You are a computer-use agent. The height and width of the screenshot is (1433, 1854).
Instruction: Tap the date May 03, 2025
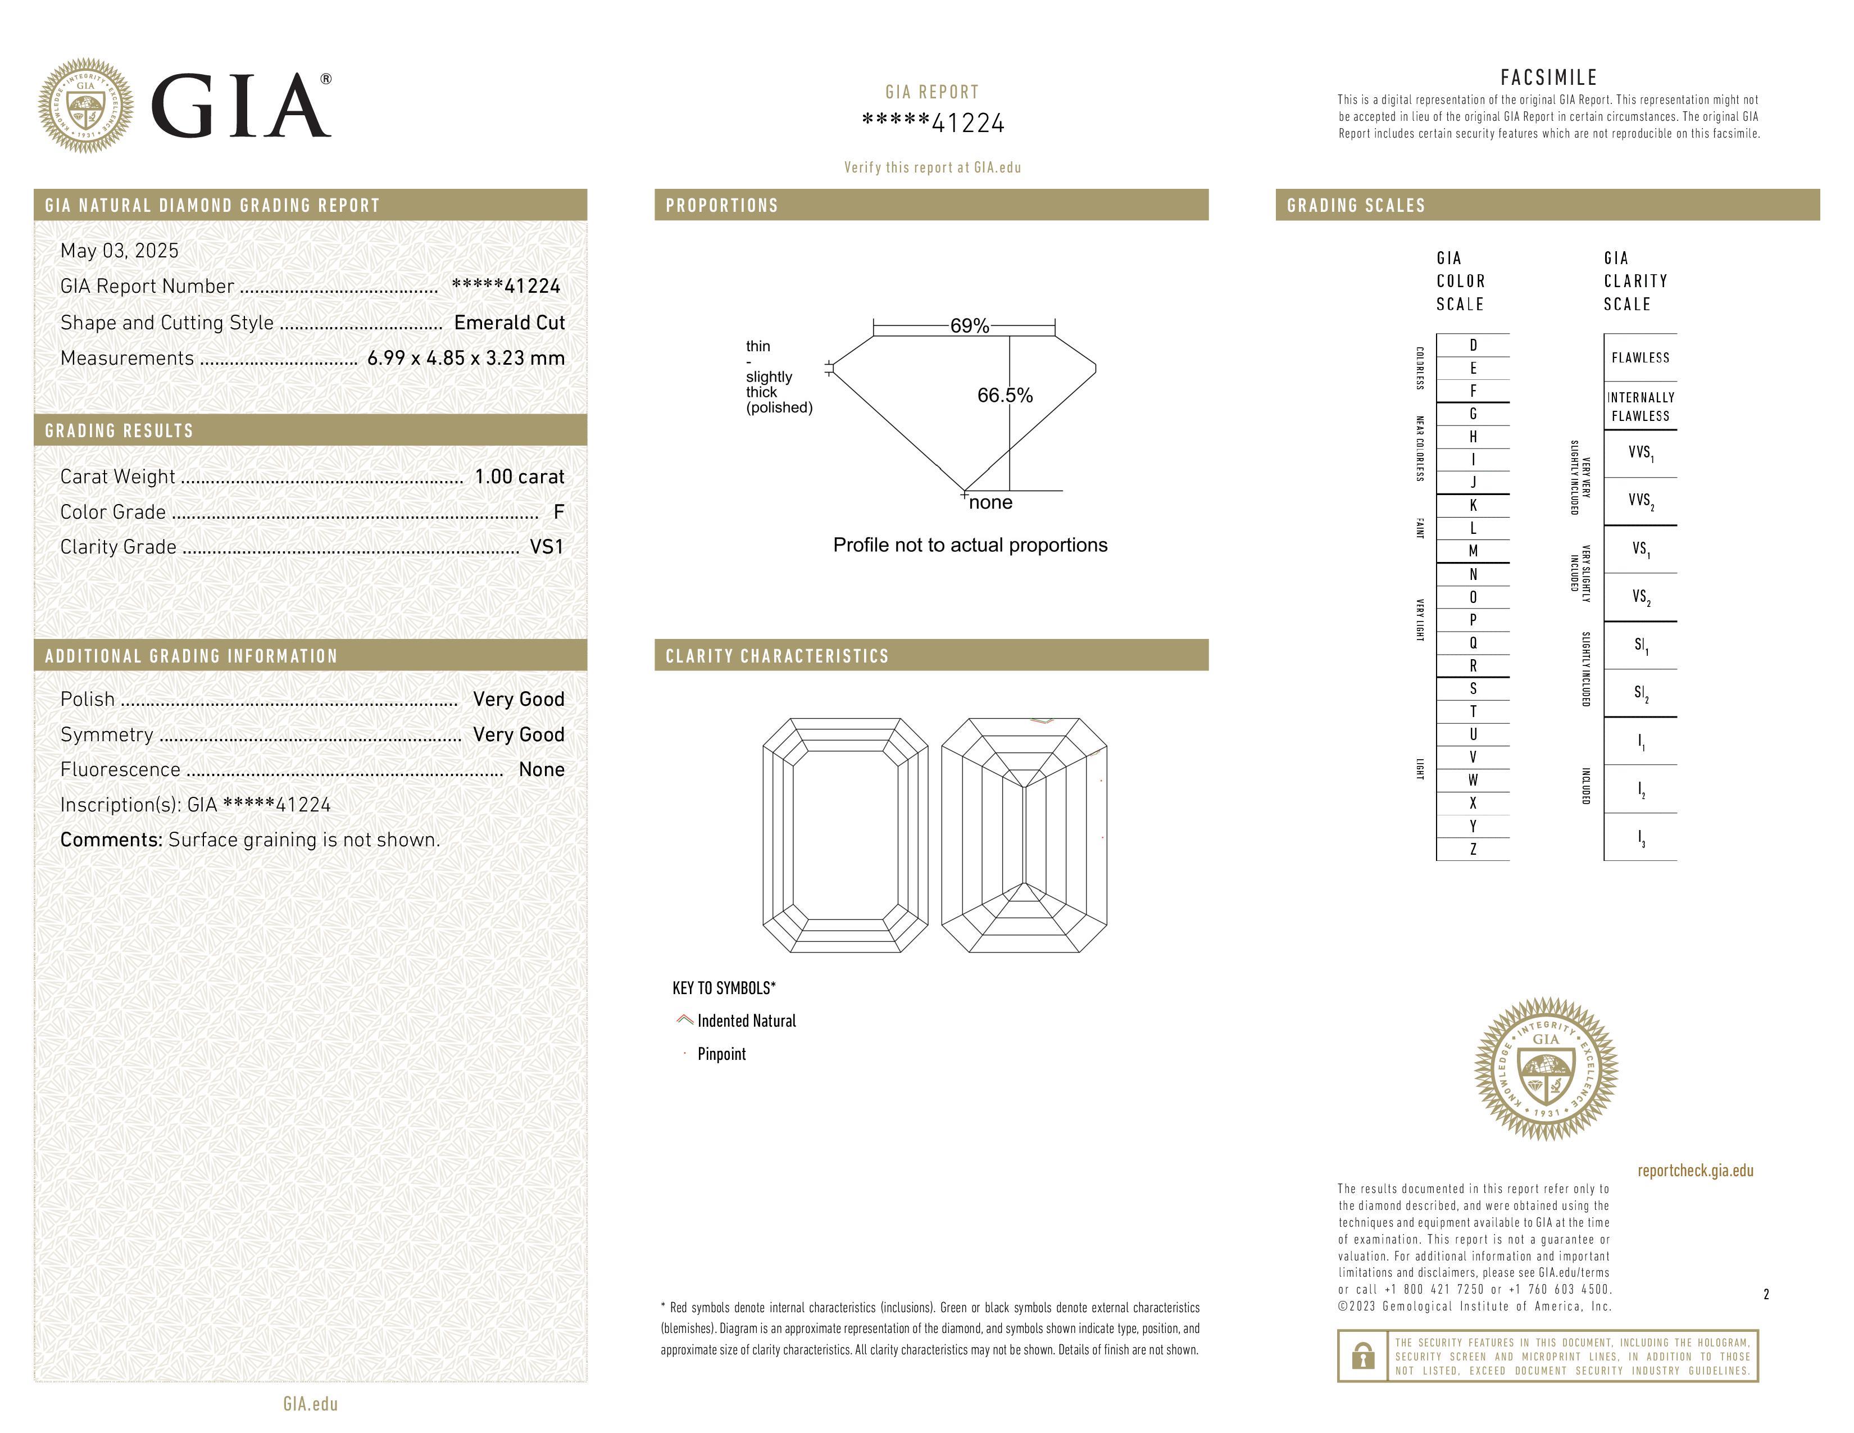[120, 251]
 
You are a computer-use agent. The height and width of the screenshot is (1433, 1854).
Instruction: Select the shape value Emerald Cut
[510, 323]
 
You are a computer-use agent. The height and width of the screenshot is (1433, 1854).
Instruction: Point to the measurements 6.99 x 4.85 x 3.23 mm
[466, 359]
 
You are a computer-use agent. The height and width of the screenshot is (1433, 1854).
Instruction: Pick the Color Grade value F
[558, 512]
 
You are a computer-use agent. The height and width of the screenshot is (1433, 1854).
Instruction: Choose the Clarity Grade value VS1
[547, 547]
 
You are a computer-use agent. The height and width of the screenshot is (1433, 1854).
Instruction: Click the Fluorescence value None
[542, 769]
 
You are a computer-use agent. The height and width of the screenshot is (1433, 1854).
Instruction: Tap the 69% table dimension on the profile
[970, 326]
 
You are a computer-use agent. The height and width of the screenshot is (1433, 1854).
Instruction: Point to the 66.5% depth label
[1005, 396]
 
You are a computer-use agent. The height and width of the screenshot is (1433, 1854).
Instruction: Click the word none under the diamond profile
[990, 502]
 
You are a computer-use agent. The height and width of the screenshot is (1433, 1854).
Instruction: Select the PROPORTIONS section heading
[721, 206]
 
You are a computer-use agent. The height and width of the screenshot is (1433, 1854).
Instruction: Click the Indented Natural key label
[746, 1021]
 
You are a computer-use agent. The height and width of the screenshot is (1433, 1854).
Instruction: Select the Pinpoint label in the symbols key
[721, 1054]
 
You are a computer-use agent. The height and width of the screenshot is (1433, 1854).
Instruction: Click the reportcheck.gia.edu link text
[1695, 1171]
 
